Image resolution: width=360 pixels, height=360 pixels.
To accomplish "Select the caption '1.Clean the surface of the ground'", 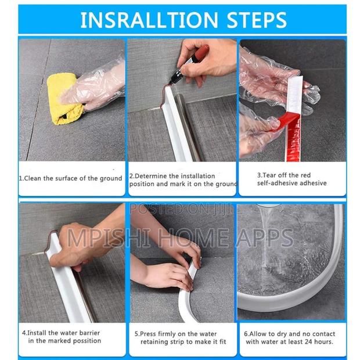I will pos(71,178).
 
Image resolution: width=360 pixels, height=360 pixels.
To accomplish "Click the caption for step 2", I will pos(182,180).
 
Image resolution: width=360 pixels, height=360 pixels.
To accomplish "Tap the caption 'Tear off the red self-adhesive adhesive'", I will pos(291,179).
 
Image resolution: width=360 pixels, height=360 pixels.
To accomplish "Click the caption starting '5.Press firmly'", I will pos(181,337).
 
